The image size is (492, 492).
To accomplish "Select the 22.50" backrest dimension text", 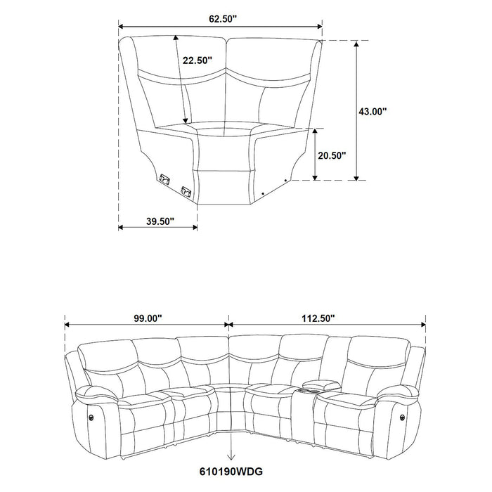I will [x=196, y=60].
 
